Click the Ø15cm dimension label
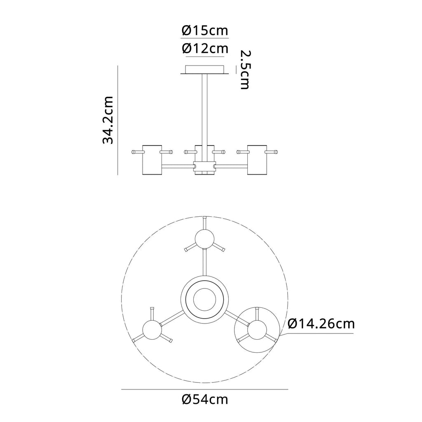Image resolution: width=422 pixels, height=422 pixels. click(x=205, y=30)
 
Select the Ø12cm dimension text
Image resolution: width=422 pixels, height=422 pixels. click(x=205, y=49)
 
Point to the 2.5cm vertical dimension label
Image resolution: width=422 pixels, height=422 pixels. click(x=245, y=69)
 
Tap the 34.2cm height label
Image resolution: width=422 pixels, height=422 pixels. click(x=108, y=120)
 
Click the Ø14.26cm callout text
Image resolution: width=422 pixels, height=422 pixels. click(x=321, y=324)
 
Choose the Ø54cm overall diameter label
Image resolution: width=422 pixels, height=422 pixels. click(x=205, y=399)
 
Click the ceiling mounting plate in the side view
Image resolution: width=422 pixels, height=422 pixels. click(x=205, y=69)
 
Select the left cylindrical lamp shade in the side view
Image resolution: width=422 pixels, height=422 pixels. click(x=152, y=160)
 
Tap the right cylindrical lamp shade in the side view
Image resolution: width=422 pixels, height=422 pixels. click(x=257, y=160)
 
